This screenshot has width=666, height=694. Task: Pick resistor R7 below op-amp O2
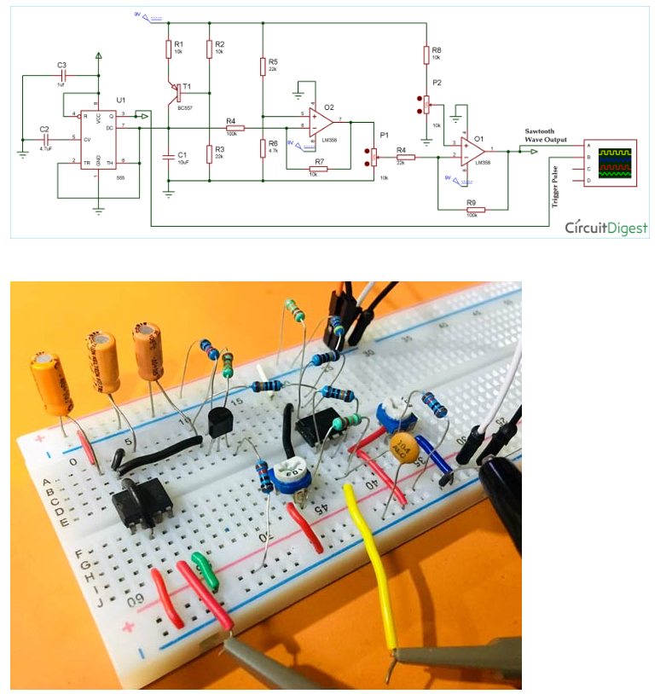[318, 169]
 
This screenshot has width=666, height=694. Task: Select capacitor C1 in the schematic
[168, 155]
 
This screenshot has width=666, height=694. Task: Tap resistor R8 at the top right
[425, 55]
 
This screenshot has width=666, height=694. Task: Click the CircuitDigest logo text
[605, 228]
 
